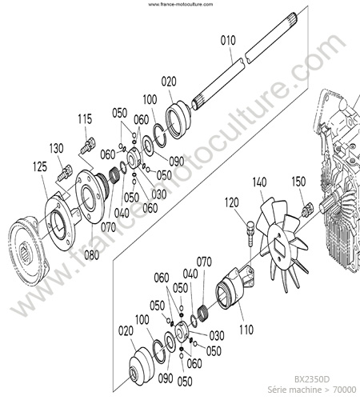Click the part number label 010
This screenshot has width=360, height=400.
click(x=228, y=40)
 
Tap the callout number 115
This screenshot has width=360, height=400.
click(x=85, y=119)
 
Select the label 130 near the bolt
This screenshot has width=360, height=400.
click(x=56, y=148)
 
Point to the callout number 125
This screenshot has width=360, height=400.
click(x=40, y=167)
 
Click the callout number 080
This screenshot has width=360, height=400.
click(x=92, y=255)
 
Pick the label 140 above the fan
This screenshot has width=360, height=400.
click(x=259, y=182)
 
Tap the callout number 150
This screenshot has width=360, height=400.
click(x=298, y=182)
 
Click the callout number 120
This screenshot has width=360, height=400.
click(x=231, y=202)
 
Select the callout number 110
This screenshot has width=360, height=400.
click(x=246, y=330)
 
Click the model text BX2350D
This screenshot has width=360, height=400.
click(x=312, y=379)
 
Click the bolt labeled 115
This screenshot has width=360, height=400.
click(x=88, y=146)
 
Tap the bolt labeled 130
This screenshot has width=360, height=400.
click(x=65, y=173)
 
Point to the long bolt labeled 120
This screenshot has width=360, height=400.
click(x=250, y=231)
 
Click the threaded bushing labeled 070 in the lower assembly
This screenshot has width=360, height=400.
click(x=203, y=314)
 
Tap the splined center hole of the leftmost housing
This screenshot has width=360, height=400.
click(x=26, y=252)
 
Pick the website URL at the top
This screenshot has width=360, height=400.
click(x=181, y=4)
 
